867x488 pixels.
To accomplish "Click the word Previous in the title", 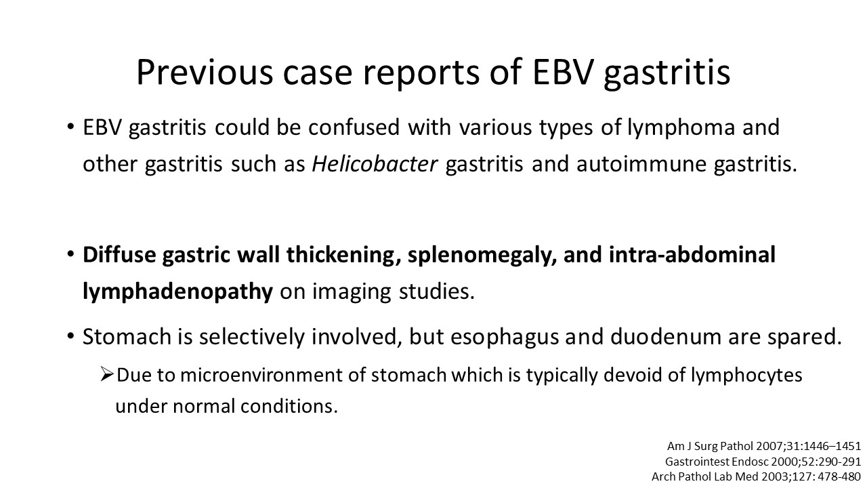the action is (x=205, y=72).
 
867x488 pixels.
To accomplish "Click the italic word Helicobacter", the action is (x=375, y=163).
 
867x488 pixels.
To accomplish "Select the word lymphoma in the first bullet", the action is (x=681, y=128).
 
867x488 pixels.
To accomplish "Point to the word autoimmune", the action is (x=641, y=164).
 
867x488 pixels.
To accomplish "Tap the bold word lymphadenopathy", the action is (x=177, y=292).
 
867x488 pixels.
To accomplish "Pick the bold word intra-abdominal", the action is (x=692, y=254).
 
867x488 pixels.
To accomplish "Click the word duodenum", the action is (x=666, y=337).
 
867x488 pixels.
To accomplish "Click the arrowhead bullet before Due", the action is (x=106, y=374).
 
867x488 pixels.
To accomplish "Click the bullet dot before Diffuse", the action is (x=70, y=254).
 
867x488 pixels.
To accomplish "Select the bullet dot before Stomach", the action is (x=70, y=336).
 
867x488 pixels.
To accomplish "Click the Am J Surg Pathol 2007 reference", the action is (x=764, y=446).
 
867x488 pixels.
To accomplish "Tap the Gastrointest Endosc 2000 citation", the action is (x=763, y=462).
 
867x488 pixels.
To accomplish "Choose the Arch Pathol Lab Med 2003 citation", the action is (x=757, y=476).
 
